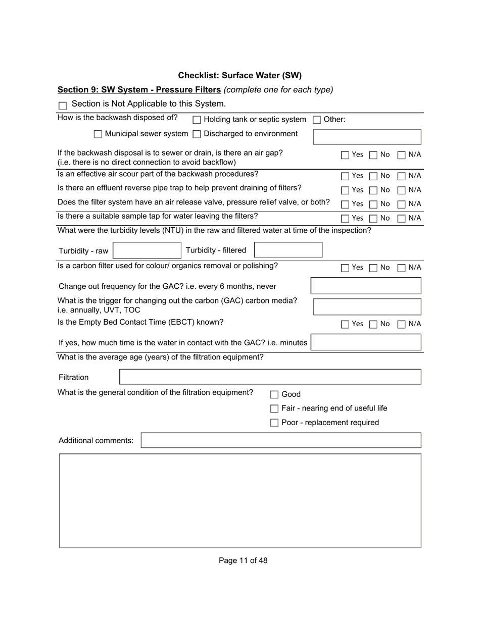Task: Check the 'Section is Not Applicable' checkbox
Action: point(63,106)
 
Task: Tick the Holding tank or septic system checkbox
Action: point(197,120)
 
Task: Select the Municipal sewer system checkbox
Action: point(98,134)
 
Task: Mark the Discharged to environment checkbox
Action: point(197,134)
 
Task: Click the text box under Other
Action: point(367,137)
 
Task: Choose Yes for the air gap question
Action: point(345,155)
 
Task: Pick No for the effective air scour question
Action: point(373,176)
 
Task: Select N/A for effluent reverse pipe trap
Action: point(402,190)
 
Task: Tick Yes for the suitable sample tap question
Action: point(345,219)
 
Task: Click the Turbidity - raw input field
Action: point(147,250)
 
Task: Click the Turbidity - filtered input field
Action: point(288,250)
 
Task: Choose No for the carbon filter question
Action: point(373,268)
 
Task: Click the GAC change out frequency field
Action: point(366,286)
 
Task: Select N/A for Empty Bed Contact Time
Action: point(402,324)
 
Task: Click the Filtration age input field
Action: point(270,377)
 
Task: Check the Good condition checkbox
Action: point(274,395)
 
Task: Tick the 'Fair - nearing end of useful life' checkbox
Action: point(274,408)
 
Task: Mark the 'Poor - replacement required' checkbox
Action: point(274,423)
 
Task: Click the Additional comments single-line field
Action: point(281,440)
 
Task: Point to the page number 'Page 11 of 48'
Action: point(243,560)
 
